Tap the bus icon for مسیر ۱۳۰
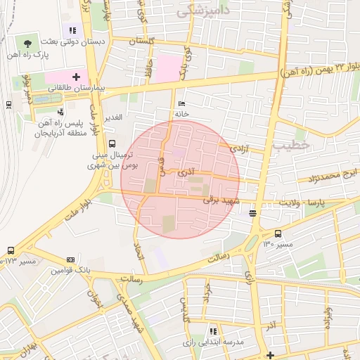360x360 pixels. [278, 233]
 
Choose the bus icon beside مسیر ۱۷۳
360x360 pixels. [11, 250]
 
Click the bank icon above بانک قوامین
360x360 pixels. [70, 259]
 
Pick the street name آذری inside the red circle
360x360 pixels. [188, 171]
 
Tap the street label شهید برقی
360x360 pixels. [221, 200]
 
